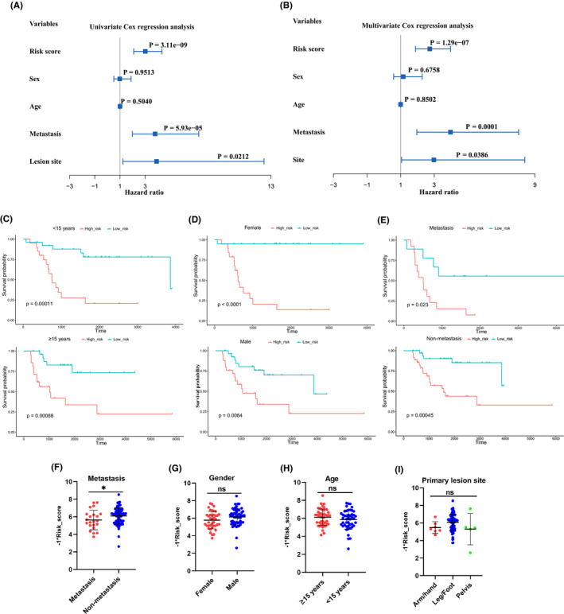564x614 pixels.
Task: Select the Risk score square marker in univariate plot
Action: click(146, 51)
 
